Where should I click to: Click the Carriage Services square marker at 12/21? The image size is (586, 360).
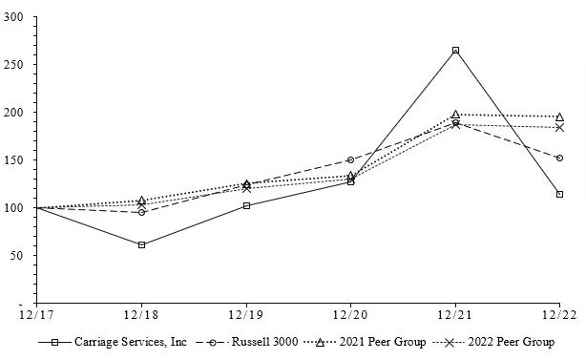click(455, 50)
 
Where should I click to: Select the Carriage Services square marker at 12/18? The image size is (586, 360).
click(141, 244)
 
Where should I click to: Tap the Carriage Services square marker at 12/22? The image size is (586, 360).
click(559, 194)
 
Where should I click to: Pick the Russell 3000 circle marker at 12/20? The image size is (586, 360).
click(350, 159)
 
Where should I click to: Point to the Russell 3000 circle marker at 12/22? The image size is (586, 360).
click(559, 158)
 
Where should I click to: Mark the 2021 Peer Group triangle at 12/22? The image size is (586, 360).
click(559, 116)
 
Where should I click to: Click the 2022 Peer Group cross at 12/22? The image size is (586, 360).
click(559, 127)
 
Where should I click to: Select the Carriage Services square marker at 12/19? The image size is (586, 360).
click(246, 205)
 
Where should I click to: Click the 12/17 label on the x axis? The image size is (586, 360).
click(36, 314)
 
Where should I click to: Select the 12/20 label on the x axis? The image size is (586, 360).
click(350, 314)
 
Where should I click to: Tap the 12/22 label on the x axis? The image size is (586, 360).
click(559, 314)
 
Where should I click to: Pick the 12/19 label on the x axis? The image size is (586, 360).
click(246, 314)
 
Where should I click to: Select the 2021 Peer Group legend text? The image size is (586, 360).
click(386, 341)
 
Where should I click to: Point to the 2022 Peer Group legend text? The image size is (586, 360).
click(515, 341)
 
